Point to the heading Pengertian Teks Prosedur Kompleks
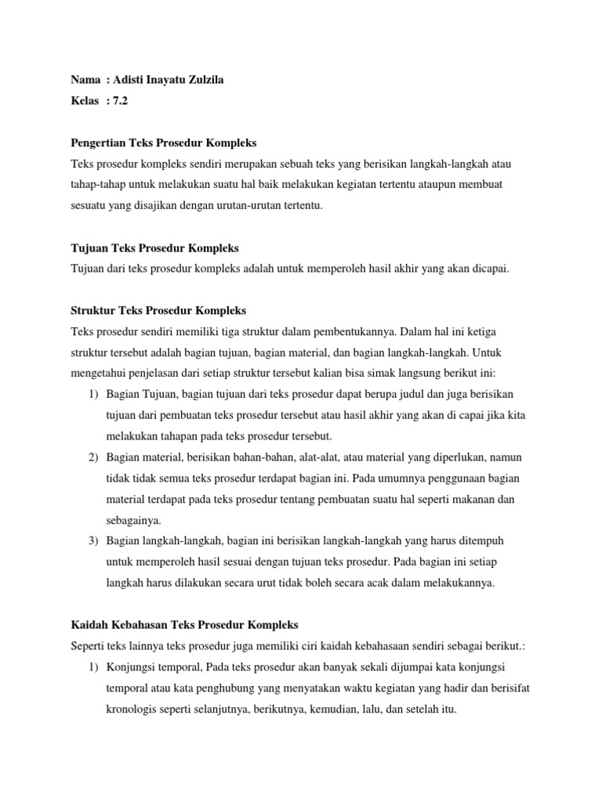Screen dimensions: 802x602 pyautogui.click(x=163, y=143)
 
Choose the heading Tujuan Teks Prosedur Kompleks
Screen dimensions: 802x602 pyautogui.click(x=154, y=247)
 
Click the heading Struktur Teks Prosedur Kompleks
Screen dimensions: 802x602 pyautogui.click(x=158, y=310)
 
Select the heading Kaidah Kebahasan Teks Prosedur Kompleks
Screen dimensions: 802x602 pyautogui.click(x=184, y=624)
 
